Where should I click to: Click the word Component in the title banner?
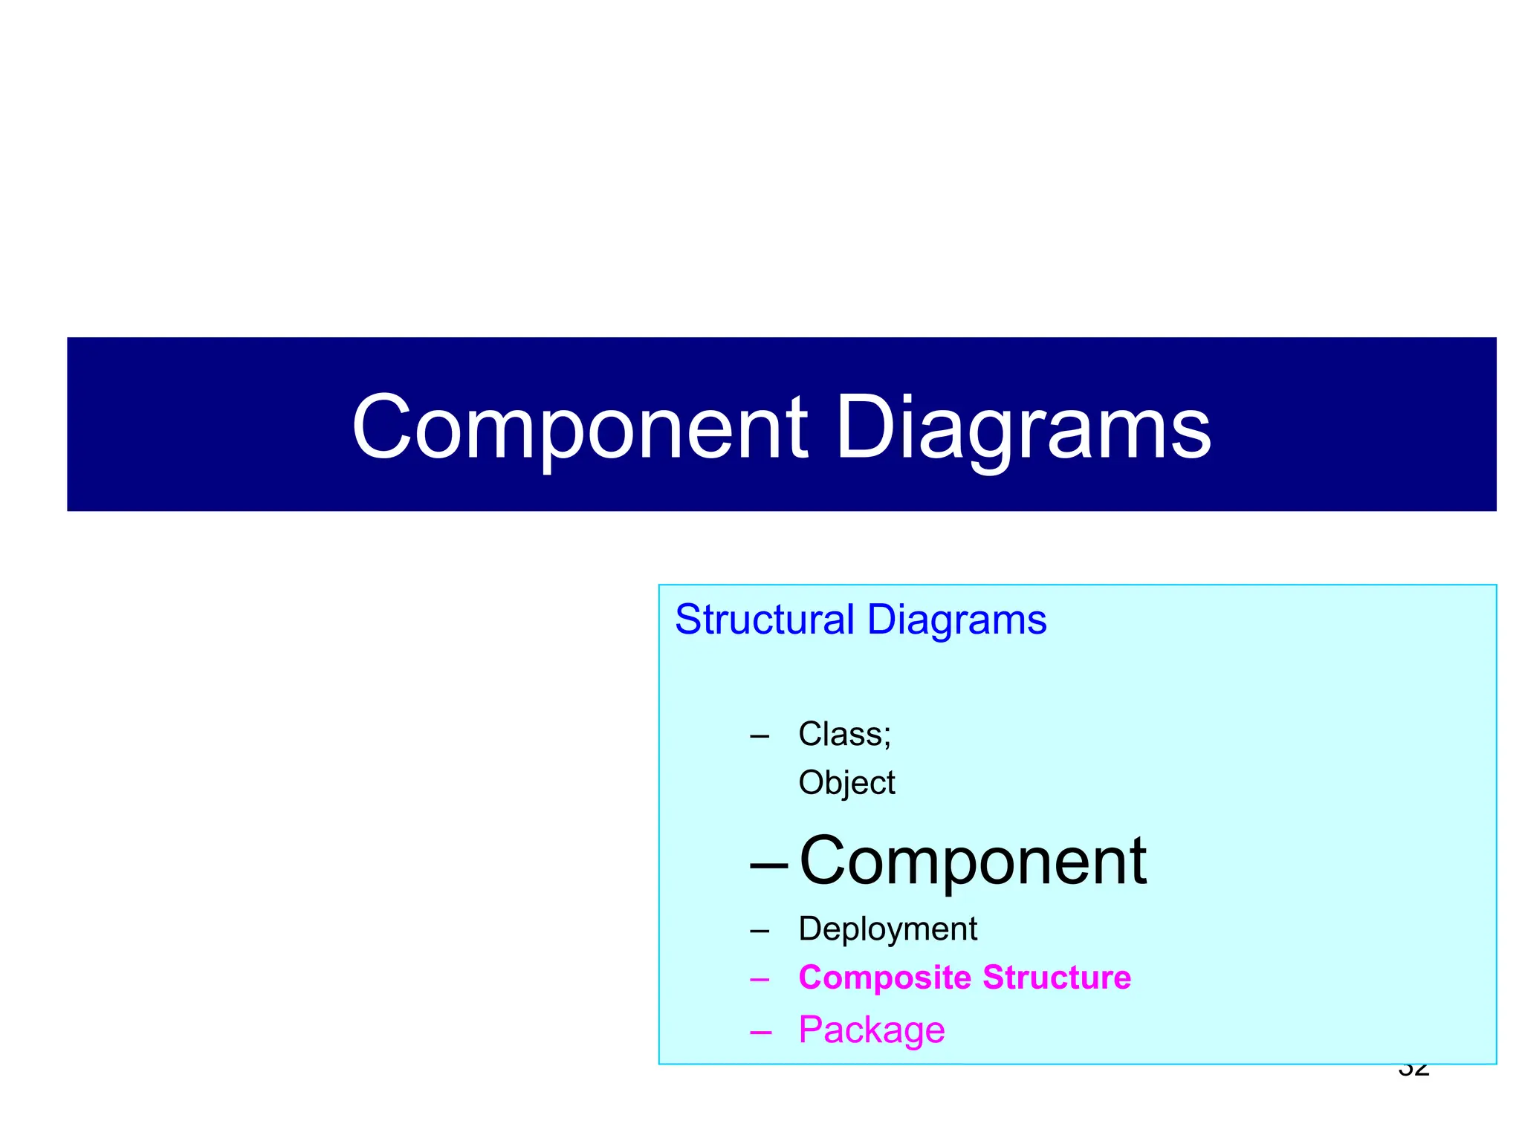[579, 429]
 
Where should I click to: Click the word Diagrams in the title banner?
[1023, 429]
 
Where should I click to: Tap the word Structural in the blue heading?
[765, 620]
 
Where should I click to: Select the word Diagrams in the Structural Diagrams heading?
[956, 620]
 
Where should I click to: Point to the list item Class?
[844, 734]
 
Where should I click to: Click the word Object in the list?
[846, 783]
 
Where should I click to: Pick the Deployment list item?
[887, 929]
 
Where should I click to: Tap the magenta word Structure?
[1056, 978]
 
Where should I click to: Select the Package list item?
[871, 1030]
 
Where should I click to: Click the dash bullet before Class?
[760, 737]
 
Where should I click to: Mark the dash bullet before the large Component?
[769, 866]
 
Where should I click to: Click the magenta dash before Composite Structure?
[760, 980]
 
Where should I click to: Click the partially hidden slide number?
[1413, 1071]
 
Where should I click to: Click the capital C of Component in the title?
[381, 429]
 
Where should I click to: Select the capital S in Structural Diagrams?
[687, 620]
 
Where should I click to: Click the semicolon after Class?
[887, 738]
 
